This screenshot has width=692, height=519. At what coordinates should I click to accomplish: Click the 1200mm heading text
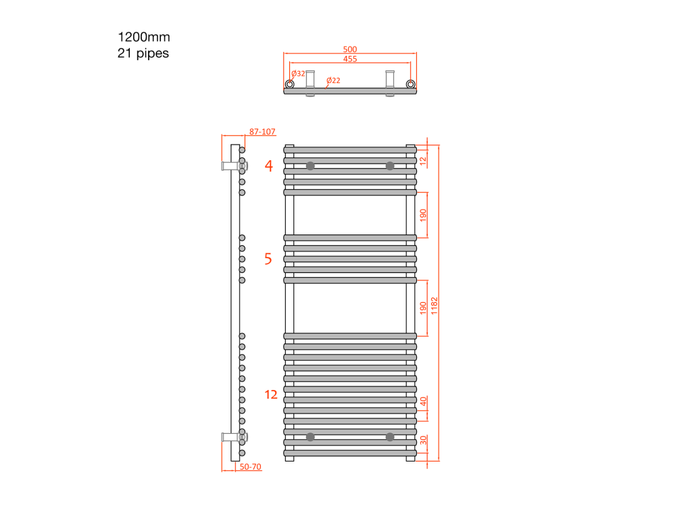click(144, 37)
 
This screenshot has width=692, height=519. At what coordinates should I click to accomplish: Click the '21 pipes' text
click(143, 53)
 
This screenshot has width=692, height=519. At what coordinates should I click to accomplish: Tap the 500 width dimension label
click(350, 49)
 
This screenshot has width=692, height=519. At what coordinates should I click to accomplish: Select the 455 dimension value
click(350, 59)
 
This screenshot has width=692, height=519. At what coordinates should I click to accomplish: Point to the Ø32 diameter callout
click(298, 74)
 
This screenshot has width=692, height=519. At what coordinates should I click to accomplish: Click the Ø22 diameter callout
click(334, 80)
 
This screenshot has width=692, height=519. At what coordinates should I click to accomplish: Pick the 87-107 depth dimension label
click(262, 132)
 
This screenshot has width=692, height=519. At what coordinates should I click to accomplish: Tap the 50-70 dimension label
click(250, 466)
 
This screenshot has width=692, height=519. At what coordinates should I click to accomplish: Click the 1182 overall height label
click(435, 306)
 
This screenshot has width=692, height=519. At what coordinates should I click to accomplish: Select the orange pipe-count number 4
click(269, 166)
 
